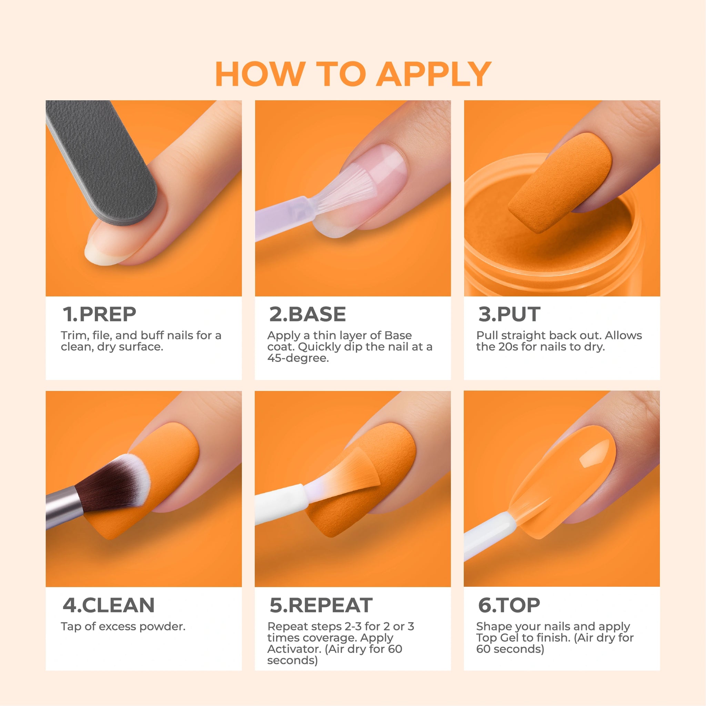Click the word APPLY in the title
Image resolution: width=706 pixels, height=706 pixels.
(434, 74)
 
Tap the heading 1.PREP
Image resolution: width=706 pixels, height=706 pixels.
(99, 314)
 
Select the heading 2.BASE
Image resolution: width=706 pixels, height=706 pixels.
(308, 314)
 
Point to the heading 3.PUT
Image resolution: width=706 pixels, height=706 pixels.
(509, 314)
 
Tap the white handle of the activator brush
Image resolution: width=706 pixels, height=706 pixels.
(280, 504)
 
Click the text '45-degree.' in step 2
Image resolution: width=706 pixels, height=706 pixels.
(298, 358)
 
